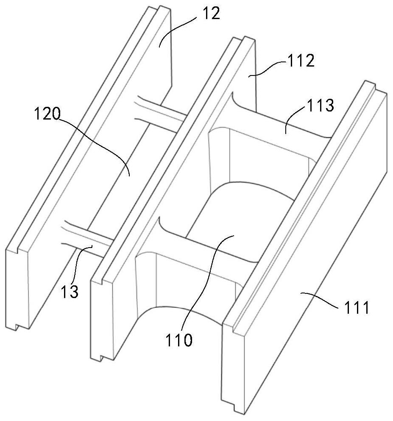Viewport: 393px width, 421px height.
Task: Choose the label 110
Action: [x=179, y=339]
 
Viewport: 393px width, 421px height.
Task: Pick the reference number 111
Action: [x=355, y=308]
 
